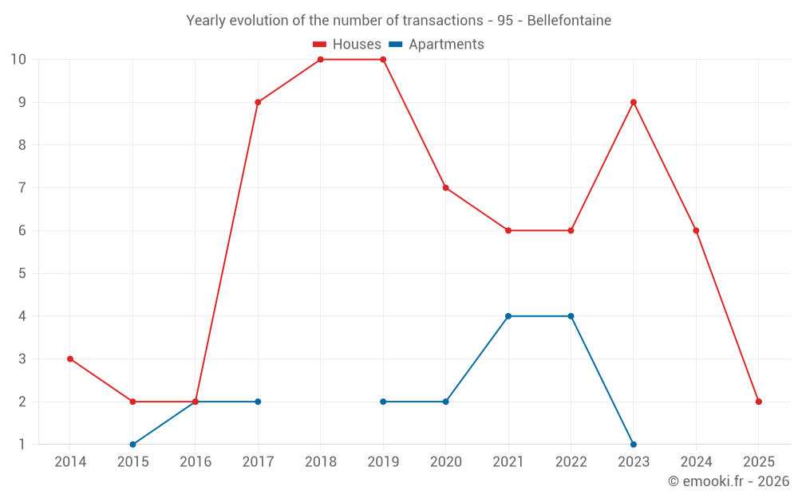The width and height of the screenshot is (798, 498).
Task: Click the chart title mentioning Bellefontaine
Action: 398,21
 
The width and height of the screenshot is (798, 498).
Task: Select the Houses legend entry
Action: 347,45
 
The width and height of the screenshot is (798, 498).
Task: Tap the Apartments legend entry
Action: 437,45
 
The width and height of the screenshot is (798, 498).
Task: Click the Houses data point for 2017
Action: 258,102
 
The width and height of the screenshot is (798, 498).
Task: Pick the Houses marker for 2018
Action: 321,60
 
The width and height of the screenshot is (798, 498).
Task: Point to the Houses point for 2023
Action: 634,102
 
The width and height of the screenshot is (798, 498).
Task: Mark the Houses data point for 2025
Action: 759,402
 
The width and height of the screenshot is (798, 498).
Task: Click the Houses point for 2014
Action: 70,359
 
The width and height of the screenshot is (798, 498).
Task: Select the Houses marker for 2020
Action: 445,188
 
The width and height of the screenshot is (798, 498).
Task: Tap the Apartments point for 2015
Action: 132,445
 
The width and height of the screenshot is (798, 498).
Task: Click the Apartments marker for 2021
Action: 508,316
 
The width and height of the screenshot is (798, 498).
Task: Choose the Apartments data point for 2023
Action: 634,445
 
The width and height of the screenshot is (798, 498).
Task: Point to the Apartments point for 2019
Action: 383,402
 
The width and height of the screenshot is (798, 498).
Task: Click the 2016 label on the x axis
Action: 196,462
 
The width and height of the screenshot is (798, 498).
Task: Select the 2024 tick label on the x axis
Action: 696,462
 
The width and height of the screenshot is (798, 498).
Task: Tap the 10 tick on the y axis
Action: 18,60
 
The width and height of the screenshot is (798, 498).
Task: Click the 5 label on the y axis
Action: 22,273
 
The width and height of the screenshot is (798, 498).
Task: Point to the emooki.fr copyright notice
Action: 728,481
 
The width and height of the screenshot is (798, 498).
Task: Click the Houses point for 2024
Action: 696,230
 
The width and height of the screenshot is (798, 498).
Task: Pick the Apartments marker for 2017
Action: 258,402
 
